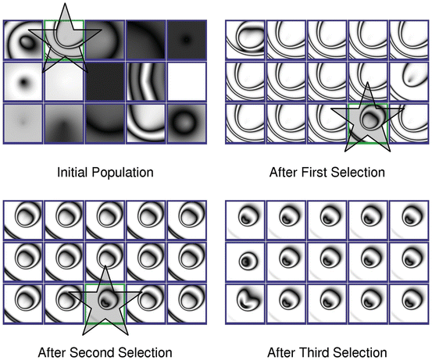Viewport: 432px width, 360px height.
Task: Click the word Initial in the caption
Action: click(73, 173)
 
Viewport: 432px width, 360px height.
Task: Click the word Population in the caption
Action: click(123, 173)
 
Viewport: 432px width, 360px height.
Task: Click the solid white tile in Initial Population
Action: click(187, 81)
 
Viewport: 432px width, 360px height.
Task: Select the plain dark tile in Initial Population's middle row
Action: click(105, 81)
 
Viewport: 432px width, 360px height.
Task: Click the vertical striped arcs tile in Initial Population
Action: click(146, 81)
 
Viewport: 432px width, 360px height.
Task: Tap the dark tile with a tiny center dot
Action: click(187, 40)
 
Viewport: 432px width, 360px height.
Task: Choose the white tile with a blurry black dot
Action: click(23, 81)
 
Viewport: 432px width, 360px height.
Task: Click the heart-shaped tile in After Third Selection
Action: click(245, 304)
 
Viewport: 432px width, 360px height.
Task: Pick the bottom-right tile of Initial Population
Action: click(187, 123)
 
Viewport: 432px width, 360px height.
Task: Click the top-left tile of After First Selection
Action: click(245, 40)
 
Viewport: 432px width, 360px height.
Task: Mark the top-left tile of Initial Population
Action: click(23, 40)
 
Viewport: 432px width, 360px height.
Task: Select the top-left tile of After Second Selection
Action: click(23, 220)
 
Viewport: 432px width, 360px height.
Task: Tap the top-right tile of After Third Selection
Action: click(409, 220)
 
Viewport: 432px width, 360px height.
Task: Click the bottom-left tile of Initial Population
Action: click(23, 123)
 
